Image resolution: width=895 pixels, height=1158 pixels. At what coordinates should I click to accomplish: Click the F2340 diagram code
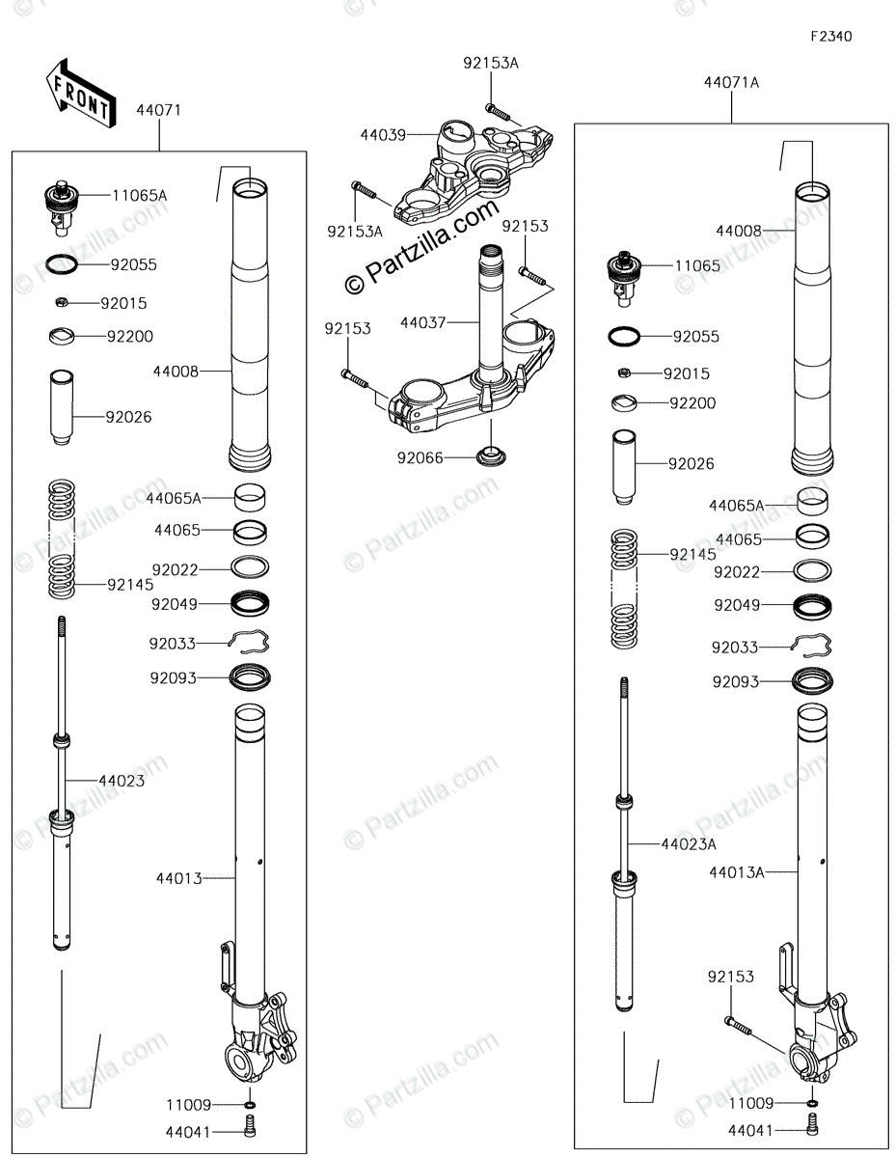click(830, 37)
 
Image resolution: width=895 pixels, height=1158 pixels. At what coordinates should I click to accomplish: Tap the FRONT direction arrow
click(80, 93)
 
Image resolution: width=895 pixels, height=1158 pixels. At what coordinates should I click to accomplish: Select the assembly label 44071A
click(731, 83)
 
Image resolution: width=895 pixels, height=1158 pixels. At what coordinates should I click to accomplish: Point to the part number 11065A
click(139, 195)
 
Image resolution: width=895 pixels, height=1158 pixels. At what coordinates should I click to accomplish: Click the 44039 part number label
click(383, 136)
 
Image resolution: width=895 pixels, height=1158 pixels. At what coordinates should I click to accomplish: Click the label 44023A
click(689, 843)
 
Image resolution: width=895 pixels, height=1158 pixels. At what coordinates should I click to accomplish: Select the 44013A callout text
click(737, 872)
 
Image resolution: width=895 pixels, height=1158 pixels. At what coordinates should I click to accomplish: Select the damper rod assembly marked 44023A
click(625, 849)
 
